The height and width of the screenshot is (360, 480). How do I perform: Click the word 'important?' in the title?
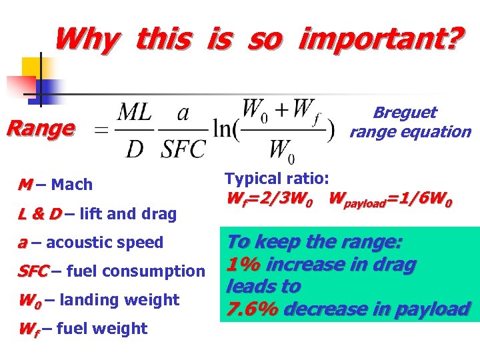click(378, 40)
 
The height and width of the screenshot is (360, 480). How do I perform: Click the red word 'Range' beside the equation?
click(39, 128)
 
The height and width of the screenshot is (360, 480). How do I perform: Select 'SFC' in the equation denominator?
click(182, 148)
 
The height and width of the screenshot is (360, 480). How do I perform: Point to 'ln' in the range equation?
click(222, 130)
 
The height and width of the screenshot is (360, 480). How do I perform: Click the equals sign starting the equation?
click(101, 131)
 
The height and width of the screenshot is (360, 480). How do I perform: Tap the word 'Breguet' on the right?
click(405, 113)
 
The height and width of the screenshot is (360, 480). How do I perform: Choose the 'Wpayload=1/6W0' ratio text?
click(390, 199)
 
